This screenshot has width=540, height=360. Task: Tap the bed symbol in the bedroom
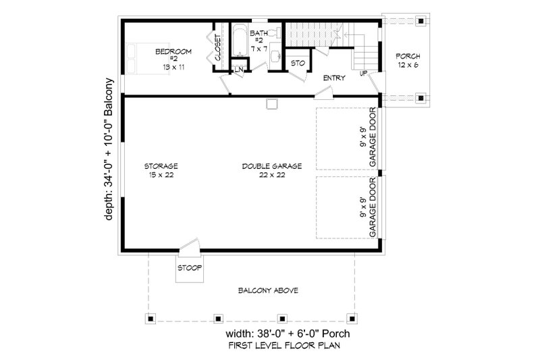pos(138,57)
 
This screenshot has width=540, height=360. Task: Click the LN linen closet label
pos(239,69)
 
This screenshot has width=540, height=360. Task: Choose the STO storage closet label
pos(298,63)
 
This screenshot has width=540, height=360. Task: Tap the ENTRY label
pos(334,78)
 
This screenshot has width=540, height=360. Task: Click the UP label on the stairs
pos(364,73)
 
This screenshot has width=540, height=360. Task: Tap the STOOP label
pos(189,267)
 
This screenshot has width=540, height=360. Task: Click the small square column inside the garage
pos(272,105)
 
